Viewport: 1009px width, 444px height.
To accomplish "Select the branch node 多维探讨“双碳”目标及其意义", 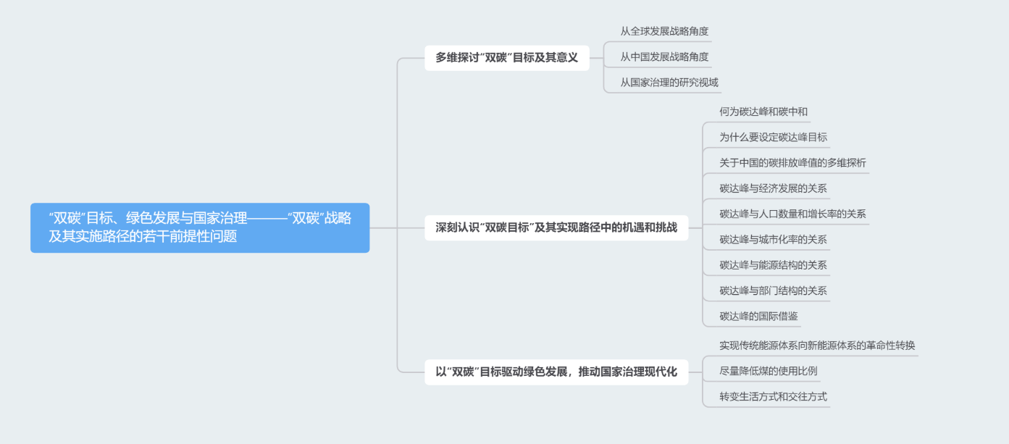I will point(506,57).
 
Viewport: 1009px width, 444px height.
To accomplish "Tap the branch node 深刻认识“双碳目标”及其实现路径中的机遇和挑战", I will point(556,227).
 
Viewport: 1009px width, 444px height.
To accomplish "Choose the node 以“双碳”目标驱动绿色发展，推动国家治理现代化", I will point(556,372).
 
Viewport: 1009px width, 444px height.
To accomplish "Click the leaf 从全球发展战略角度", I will point(664,31).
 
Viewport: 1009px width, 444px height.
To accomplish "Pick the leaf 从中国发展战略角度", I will point(664,56).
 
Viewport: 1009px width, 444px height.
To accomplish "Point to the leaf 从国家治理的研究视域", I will point(669,82).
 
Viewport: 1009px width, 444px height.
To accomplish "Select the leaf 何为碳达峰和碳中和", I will point(763,112).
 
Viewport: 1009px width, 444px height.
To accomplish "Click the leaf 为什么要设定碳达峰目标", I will point(773,137).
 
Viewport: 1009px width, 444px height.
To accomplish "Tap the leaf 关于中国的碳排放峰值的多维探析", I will point(792,162).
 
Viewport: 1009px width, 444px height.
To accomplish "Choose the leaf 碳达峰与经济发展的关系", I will point(773,188).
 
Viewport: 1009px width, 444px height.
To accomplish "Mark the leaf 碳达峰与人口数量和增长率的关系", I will point(792,214).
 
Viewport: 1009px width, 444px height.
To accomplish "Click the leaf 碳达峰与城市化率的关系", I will point(773,239).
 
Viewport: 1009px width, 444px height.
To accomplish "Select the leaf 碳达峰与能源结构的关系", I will point(773,265).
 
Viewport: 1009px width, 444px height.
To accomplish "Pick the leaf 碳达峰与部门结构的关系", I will point(773,290).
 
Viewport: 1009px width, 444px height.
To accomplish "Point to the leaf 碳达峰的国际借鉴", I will point(758,316).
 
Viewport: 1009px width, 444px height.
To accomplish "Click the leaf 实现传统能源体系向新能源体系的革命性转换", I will point(817,345).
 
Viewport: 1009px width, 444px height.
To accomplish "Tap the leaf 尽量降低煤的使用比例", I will point(768,371).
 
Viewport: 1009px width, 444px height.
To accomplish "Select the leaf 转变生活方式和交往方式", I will point(773,396).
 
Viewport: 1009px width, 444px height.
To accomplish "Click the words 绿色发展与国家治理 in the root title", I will point(187,218).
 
